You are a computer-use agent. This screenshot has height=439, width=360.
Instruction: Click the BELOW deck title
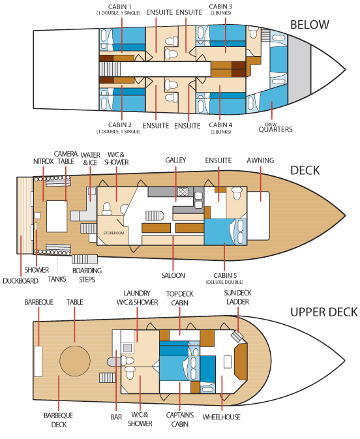310,25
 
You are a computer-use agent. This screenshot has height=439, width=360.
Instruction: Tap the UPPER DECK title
324,312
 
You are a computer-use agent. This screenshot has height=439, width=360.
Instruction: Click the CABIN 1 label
119,9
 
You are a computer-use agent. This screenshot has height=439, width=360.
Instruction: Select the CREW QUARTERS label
275,128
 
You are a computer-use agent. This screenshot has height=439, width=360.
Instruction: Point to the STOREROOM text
113,233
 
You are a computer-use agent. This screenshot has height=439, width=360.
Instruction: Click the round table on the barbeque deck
75,361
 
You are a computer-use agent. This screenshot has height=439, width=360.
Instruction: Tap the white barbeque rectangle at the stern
38,361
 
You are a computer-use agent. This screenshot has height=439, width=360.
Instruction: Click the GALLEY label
175,160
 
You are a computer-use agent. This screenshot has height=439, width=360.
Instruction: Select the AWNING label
260,160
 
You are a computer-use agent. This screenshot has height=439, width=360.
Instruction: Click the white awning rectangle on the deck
258,215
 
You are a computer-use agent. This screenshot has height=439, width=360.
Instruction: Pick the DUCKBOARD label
20,280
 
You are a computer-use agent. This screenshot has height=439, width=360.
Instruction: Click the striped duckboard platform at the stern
25,215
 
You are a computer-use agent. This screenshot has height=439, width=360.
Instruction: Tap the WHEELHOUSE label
222,417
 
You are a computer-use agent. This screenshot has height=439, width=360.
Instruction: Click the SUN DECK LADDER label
237,297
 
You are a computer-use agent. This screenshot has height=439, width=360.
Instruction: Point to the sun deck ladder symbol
237,335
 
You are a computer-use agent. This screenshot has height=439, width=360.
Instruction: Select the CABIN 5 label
224,278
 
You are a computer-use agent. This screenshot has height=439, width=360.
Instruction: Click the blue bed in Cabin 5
219,232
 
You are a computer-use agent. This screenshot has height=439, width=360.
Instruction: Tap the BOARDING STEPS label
87,275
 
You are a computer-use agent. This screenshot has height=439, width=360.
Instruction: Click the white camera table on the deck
57,216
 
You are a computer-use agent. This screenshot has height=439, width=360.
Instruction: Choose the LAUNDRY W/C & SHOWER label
137,298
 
